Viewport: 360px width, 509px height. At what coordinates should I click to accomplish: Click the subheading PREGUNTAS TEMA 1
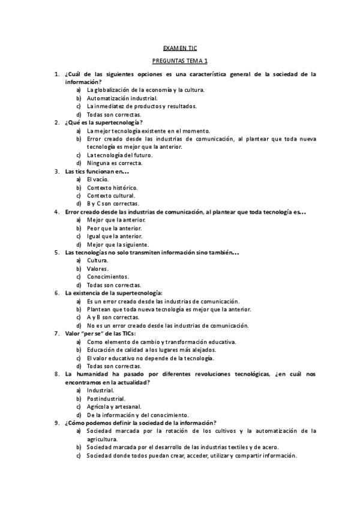[180, 61]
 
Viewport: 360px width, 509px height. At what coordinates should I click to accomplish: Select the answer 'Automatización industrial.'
[122, 98]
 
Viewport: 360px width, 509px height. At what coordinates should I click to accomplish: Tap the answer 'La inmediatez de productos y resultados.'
[141, 106]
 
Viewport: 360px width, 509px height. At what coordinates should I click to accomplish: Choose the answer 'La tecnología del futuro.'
[119, 155]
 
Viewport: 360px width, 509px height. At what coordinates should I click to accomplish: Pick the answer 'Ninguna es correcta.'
[114, 163]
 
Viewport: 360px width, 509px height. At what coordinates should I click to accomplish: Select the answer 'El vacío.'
[98, 179]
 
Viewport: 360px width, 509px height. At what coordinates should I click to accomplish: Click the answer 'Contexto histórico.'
[112, 187]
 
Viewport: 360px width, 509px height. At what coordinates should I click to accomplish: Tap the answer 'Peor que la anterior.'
[114, 228]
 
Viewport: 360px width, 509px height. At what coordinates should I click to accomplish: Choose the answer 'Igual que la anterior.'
[115, 236]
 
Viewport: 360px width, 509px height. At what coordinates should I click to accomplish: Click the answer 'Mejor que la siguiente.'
[118, 244]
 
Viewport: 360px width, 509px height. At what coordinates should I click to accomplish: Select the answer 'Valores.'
[98, 268]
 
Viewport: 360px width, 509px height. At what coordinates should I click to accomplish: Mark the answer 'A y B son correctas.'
[113, 317]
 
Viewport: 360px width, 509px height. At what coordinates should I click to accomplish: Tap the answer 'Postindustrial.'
[106, 399]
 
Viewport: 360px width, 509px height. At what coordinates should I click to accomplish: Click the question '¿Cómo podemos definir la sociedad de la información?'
[140, 423]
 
